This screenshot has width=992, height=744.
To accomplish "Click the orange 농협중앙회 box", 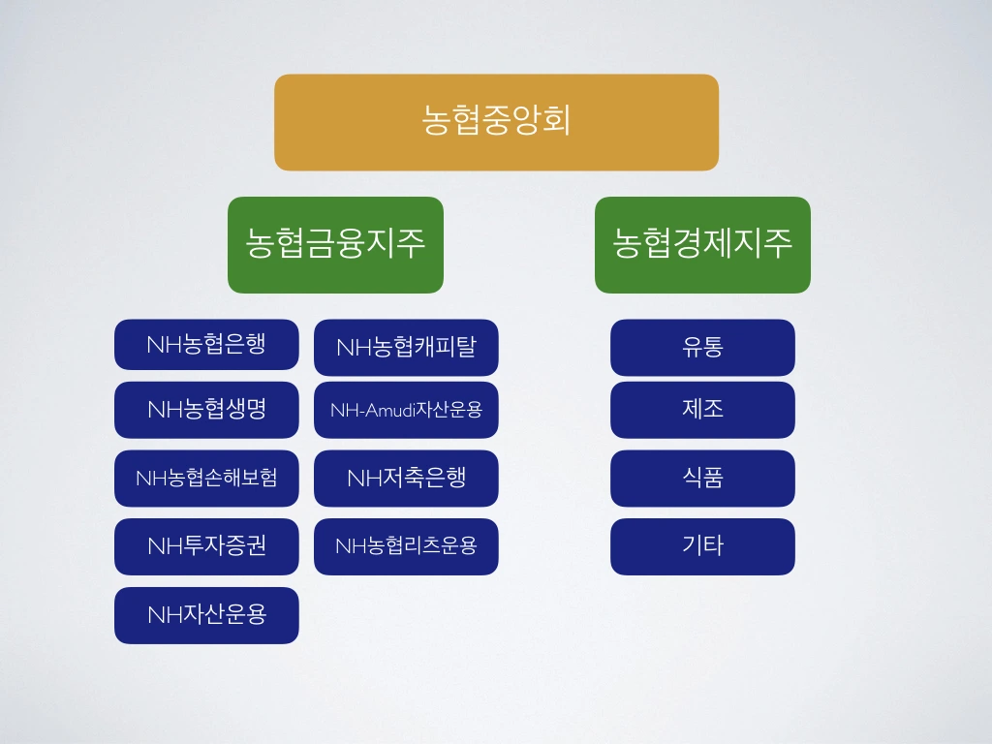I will (x=496, y=122).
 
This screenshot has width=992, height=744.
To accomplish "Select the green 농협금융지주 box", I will (x=335, y=244).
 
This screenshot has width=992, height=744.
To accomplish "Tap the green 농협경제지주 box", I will (x=702, y=244).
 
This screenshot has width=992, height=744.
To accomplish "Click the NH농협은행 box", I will (x=206, y=344).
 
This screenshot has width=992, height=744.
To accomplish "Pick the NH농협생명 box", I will (x=206, y=409).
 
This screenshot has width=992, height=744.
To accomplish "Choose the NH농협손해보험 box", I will (x=206, y=478).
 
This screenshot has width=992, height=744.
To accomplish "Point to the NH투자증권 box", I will (x=206, y=546).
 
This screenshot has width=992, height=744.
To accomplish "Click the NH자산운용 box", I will (x=206, y=614).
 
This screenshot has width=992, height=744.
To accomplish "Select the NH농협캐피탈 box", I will (x=406, y=347).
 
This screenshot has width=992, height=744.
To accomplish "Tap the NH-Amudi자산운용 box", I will (x=406, y=409).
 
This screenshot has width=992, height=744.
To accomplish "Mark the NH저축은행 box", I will (x=406, y=478).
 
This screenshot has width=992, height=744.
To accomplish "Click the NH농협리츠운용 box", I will (x=406, y=546).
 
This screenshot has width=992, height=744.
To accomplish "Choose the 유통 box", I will (x=702, y=347).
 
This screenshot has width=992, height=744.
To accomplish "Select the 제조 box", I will (x=702, y=409).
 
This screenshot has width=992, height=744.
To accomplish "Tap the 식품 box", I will (x=702, y=478).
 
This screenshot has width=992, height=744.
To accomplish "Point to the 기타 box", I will (x=702, y=546).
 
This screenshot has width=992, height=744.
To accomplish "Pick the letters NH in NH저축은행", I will (x=360, y=479).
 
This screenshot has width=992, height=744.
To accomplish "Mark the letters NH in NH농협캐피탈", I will (x=350, y=348).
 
